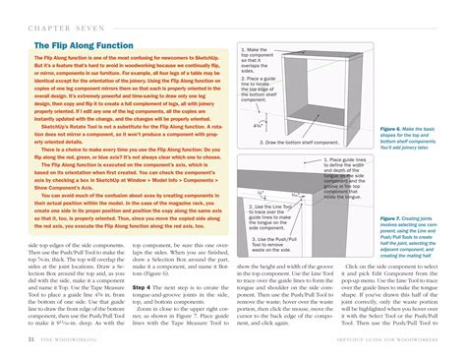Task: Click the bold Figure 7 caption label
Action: tap(392, 218)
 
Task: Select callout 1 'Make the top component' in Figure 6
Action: tap(258, 60)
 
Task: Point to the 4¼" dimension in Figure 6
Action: tap(257, 125)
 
